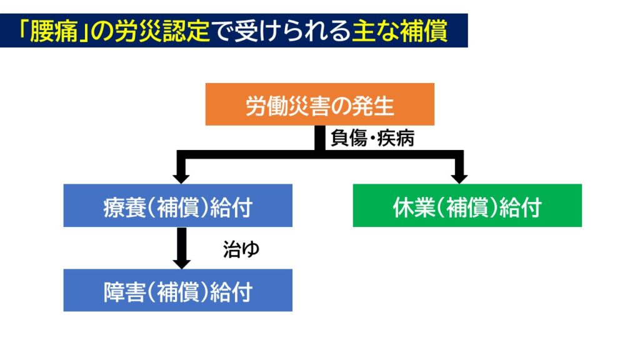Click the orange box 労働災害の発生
click(x=319, y=104)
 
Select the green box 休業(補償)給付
click(x=467, y=205)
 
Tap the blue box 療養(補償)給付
click(x=178, y=205)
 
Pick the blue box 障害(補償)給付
click(x=178, y=290)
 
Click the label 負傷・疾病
click(x=372, y=138)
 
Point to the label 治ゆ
click(x=241, y=249)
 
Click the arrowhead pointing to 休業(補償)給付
click(x=459, y=179)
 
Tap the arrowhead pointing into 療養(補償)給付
click(x=181, y=179)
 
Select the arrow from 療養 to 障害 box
click(x=182, y=248)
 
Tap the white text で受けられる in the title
click(x=281, y=31)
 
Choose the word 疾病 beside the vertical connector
click(x=396, y=138)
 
